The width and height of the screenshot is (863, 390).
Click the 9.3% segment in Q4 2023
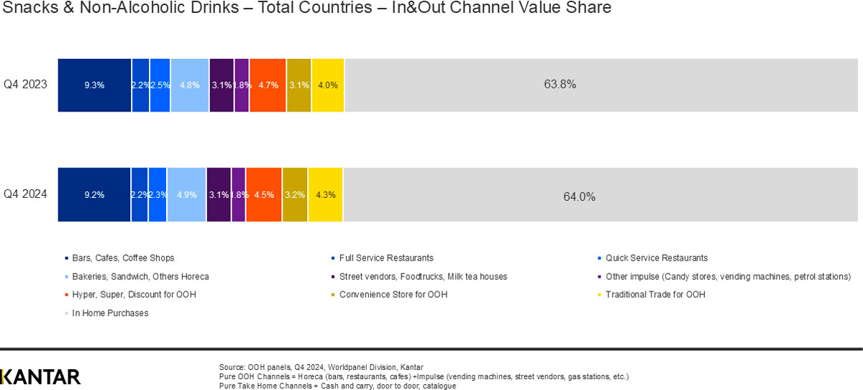pyautogui.click(x=94, y=85)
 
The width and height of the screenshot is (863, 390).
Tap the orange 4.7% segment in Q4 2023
pyautogui.click(x=268, y=85)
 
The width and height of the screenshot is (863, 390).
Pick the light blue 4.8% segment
pyautogui.click(x=190, y=85)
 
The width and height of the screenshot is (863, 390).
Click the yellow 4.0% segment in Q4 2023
pyautogui.click(x=328, y=85)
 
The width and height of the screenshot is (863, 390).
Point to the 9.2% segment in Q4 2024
pyautogui.click(x=94, y=195)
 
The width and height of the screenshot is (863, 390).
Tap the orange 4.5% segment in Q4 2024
pyautogui.click(x=264, y=195)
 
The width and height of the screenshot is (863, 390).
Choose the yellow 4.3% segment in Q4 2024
pyautogui.click(x=326, y=195)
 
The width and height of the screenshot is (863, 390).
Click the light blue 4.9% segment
pyautogui.click(x=186, y=195)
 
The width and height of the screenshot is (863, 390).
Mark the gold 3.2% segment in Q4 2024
pyautogui.click(x=296, y=195)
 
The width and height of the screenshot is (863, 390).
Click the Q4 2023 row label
pyautogui.click(x=25, y=84)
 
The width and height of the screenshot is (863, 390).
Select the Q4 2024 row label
pyautogui.click(x=25, y=194)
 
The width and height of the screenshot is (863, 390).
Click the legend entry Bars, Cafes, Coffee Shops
pyautogui.click(x=123, y=258)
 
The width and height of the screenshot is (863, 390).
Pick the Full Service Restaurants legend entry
pyautogui.click(x=386, y=258)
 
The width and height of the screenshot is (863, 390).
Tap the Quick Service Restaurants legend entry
pyautogui.click(x=656, y=258)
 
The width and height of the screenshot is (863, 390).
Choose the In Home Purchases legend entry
pyautogui.click(x=110, y=313)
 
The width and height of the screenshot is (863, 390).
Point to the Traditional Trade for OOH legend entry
pyautogui.click(x=655, y=294)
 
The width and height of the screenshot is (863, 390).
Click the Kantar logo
pyautogui.click(x=41, y=377)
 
